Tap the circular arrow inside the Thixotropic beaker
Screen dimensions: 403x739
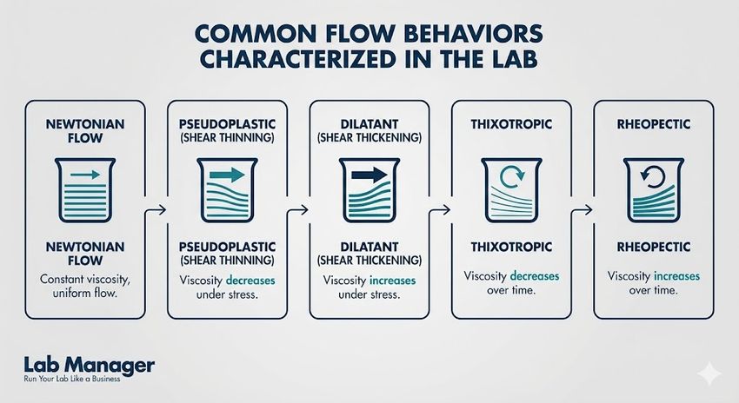(511, 177)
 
